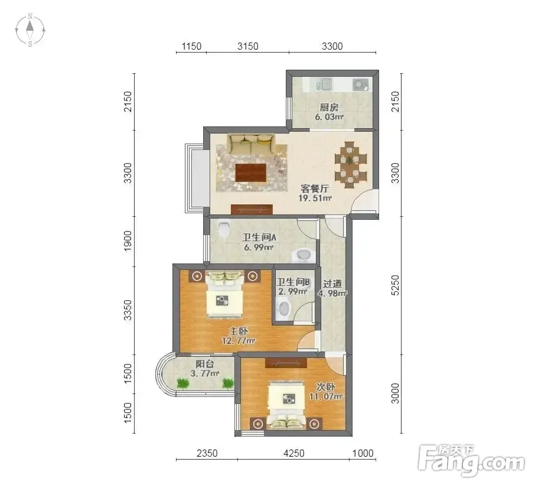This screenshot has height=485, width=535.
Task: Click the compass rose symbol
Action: pos(30,30)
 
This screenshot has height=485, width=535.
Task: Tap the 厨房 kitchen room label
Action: pos(329,107)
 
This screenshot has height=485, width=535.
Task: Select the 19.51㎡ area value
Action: pos(315,198)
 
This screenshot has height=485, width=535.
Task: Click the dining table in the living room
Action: pos(350,164)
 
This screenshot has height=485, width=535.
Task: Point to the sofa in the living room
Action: pos(252,144)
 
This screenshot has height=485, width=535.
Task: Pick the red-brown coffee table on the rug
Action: pos(251,172)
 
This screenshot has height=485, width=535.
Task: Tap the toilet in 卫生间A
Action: pos(224,229)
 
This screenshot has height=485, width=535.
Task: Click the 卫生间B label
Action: pos(293,282)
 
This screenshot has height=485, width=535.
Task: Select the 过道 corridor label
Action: pos(332,284)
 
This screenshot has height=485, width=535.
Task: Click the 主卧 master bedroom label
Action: pos(238,331)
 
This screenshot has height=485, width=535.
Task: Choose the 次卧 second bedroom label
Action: pos(325,387)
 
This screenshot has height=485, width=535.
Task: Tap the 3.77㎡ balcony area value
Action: pos(205,373)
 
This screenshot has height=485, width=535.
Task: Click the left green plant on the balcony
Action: pos(183,383)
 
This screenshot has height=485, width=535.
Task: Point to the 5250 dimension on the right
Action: pos(395,285)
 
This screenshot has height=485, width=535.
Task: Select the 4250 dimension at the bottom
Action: pos(293,453)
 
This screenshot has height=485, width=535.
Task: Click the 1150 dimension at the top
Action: pos(191,46)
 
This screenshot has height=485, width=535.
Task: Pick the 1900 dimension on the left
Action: pos(128,241)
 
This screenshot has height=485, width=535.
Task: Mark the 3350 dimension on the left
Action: pos(128,310)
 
